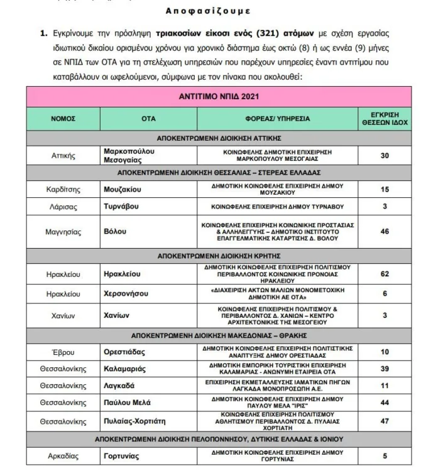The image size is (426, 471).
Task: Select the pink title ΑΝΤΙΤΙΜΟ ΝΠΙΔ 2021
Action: (219, 97)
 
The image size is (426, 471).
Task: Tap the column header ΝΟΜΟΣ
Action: (64, 118)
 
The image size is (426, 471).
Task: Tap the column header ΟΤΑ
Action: (148, 118)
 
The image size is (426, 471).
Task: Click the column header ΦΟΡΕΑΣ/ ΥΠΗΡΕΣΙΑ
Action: (277, 118)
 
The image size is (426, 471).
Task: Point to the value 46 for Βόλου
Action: (385, 232)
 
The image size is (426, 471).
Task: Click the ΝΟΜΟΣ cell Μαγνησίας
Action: (64, 232)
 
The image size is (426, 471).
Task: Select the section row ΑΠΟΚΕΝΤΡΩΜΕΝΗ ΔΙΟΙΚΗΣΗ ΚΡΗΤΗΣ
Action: (219, 257)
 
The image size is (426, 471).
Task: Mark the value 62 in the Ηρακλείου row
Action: (385, 274)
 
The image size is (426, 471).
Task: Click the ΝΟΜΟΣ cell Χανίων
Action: (64, 317)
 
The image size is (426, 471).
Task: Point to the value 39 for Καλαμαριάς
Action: (385, 369)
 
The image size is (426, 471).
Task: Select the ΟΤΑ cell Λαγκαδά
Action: (119, 385)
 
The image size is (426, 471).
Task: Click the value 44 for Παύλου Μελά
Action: (385, 402)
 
